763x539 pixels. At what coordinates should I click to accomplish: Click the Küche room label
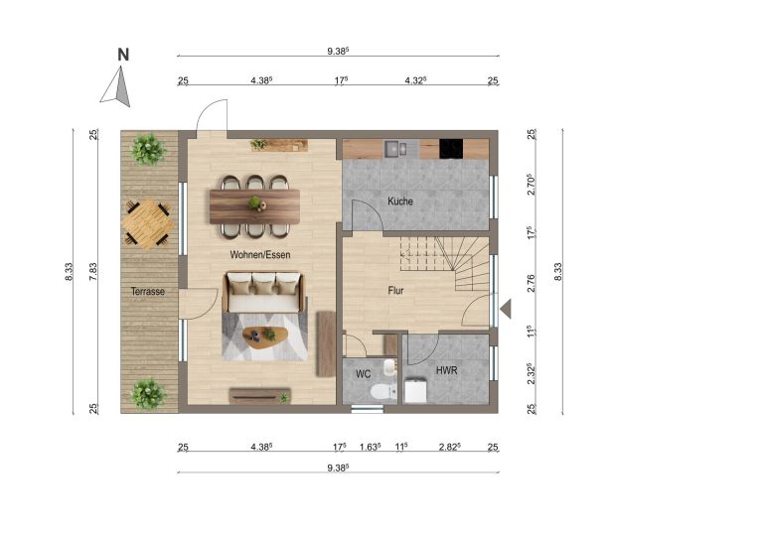(x=400, y=201)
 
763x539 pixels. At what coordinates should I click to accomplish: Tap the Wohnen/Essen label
(x=260, y=255)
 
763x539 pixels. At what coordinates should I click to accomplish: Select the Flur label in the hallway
(x=395, y=291)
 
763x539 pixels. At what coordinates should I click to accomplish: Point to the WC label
(x=363, y=374)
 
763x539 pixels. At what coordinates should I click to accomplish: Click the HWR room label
(x=446, y=370)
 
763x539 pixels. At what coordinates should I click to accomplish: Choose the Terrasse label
(x=147, y=292)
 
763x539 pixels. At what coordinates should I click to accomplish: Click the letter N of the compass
(x=123, y=55)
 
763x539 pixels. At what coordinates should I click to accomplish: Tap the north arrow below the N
(x=117, y=87)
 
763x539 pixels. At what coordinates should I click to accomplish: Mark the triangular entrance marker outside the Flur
(x=506, y=309)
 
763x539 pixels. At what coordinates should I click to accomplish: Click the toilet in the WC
(x=382, y=391)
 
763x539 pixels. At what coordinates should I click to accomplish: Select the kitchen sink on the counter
(x=395, y=148)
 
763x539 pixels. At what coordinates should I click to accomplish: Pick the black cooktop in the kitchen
(x=451, y=149)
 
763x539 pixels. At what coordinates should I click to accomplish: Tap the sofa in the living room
(x=263, y=293)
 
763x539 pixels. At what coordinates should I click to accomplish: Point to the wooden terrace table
(x=147, y=224)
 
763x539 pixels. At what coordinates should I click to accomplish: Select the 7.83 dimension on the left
(x=93, y=272)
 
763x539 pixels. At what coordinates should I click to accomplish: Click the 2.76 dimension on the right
(x=531, y=283)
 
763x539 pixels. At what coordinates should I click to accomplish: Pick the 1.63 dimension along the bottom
(x=370, y=447)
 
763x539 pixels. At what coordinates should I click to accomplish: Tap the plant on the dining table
(x=254, y=202)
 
